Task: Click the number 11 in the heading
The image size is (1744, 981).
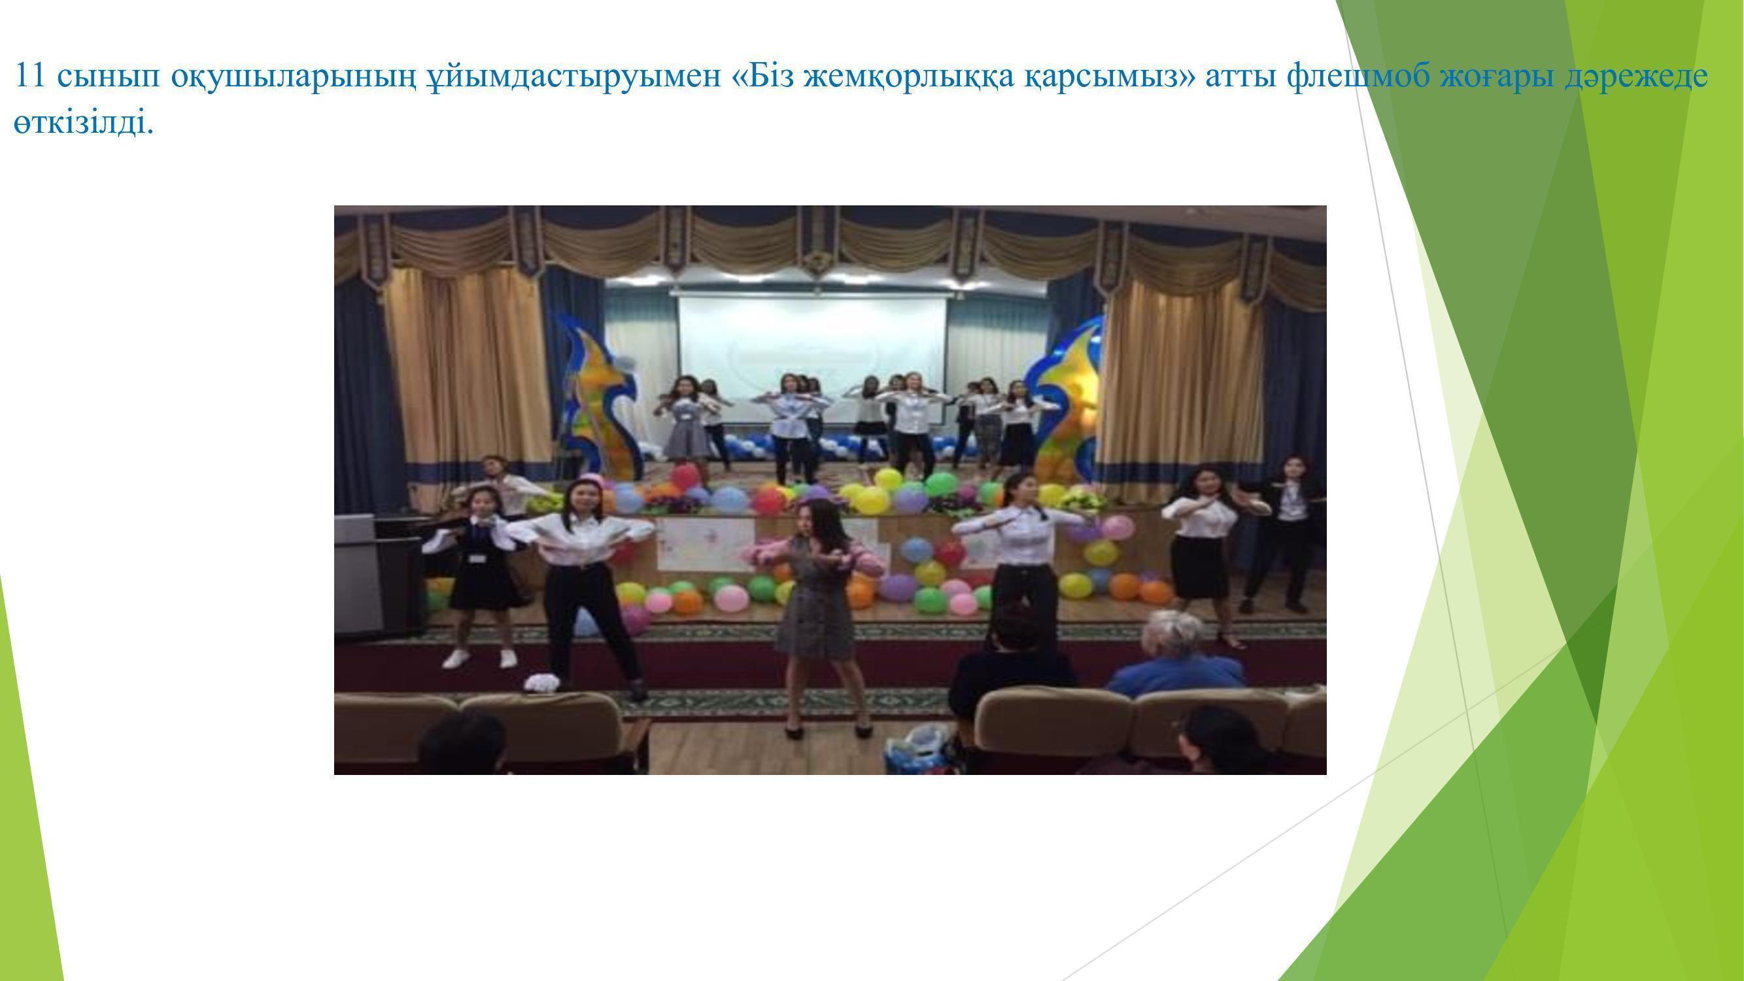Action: click(29, 75)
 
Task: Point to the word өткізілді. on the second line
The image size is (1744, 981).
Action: click(83, 123)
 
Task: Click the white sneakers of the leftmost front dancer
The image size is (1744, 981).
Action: click(480, 658)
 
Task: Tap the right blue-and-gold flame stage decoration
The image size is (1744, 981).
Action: click(1063, 400)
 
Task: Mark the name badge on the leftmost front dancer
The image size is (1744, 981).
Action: click(479, 559)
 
